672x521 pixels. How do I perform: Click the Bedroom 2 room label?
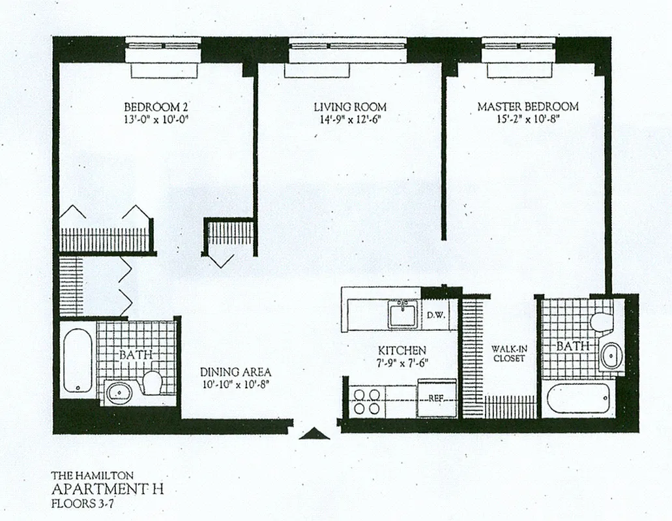click(x=156, y=106)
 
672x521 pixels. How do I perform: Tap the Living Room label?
click(x=349, y=106)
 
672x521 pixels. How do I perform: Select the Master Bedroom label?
click(x=527, y=106)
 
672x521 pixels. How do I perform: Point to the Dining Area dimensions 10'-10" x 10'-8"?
click(x=235, y=384)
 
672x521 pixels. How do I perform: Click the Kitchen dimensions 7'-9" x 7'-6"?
click(x=400, y=363)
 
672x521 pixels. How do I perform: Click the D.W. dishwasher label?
click(x=435, y=316)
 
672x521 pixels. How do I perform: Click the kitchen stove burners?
click(x=366, y=401)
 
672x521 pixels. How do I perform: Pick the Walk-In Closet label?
click(x=508, y=353)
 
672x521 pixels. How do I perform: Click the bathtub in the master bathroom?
click(x=579, y=397)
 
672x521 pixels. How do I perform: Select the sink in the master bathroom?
click(x=611, y=356)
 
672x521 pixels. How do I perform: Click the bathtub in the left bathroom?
click(x=78, y=360)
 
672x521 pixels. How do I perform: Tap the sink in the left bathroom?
click(x=119, y=392)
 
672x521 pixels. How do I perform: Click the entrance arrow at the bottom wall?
click(x=315, y=434)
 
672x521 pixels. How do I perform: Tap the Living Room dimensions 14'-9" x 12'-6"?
click(x=349, y=119)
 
